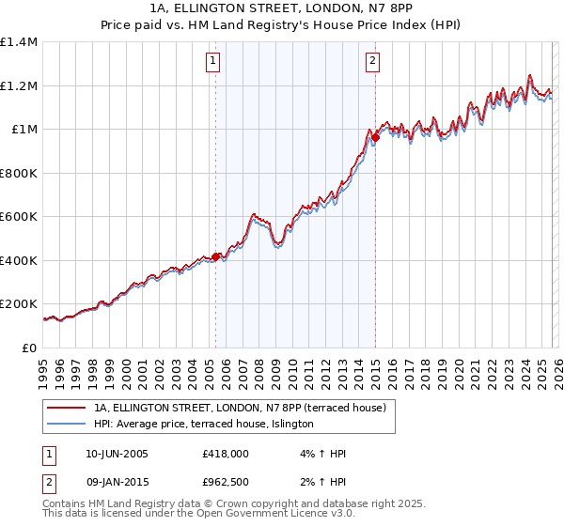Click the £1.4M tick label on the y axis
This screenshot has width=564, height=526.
pyautogui.click(x=19, y=42)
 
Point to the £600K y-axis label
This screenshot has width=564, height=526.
pyautogui.click(x=19, y=217)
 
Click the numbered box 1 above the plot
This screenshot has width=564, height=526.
pyautogui.click(x=214, y=62)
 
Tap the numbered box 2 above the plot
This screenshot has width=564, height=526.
pyautogui.click(x=373, y=62)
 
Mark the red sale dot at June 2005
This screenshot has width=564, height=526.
pyautogui.click(x=215, y=256)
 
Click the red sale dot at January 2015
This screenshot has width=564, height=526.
pyautogui.click(x=375, y=138)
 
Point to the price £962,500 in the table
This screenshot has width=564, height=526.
pyautogui.click(x=226, y=481)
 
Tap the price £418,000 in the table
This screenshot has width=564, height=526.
pyautogui.click(x=226, y=454)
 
